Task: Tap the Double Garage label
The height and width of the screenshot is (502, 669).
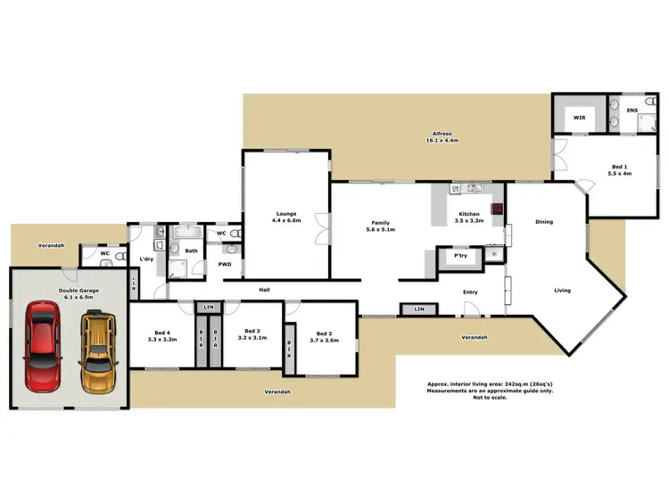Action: (78, 294)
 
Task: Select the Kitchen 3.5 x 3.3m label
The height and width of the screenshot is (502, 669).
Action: (469, 217)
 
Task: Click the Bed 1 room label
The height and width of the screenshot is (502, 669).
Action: (619, 170)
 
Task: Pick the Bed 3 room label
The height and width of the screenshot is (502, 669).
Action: (252, 333)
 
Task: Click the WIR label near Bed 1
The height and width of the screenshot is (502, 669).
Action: (578, 117)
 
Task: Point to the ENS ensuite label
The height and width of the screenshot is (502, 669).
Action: (632, 111)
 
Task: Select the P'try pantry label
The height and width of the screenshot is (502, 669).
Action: (460, 256)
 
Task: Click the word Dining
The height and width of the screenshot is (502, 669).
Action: (544, 222)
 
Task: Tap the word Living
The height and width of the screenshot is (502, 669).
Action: (562, 291)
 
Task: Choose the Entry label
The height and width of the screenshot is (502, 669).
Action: (470, 292)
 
